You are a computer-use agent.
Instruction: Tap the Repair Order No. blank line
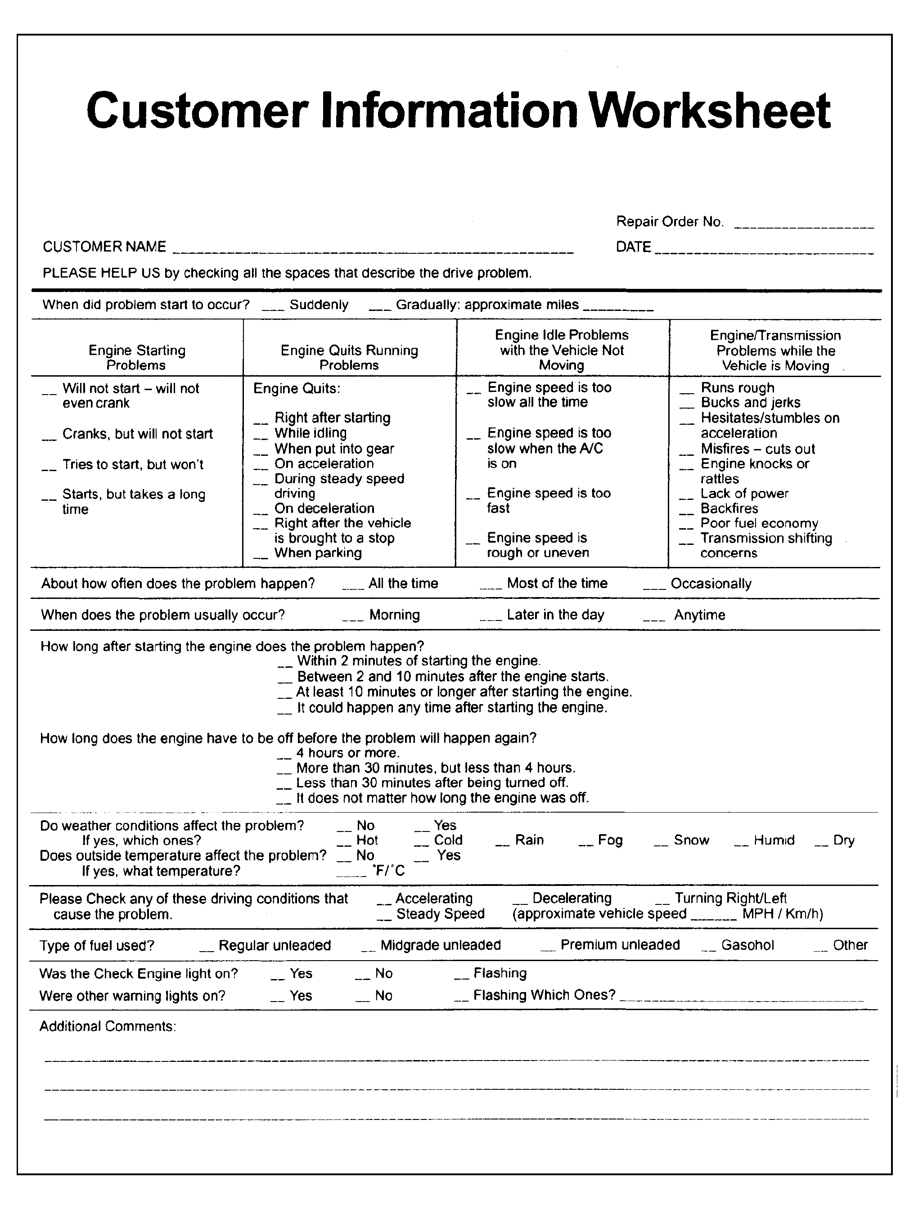(804, 225)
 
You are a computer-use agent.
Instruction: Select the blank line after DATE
(764, 252)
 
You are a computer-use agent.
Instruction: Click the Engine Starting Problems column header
(137, 357)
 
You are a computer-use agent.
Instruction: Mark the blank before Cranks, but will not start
(49, 438)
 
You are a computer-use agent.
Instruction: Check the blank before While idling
(261, 437)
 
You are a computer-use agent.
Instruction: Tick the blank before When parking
(261, 557)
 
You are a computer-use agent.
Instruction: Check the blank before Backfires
(687, 512)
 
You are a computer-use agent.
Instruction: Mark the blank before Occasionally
(654, 588)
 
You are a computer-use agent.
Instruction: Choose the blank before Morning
(352, 619)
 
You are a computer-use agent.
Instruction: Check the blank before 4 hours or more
(284, 757)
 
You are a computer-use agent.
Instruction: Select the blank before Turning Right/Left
(662, 903)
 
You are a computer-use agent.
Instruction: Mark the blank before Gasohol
(708, 949)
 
